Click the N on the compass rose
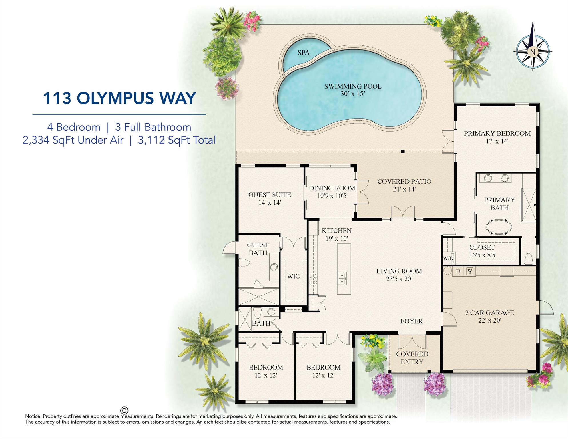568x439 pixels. (532, 52)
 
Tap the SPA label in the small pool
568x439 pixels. (303, 53)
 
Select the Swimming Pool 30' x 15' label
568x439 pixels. (352, 90)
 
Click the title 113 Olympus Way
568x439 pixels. (119, 98)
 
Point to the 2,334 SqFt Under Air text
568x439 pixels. (73, 140)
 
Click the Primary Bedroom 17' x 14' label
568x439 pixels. (497, 137)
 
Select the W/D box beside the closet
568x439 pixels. (448, 258)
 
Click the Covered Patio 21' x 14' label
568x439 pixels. (404, 185)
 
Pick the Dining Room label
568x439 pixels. (332, 192)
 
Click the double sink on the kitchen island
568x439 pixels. (342, 278)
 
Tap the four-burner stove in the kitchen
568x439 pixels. (313, 279)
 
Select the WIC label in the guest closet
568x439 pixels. (293, 276)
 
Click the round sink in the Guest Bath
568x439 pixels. (274, 267)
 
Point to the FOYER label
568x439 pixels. (411, 321)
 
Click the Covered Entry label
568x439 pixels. (412, 358)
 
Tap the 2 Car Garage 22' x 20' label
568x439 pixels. (489, 316)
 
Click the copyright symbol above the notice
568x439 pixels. (124, 410)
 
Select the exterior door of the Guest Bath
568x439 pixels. (229, 248)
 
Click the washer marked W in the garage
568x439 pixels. (470, 271)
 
